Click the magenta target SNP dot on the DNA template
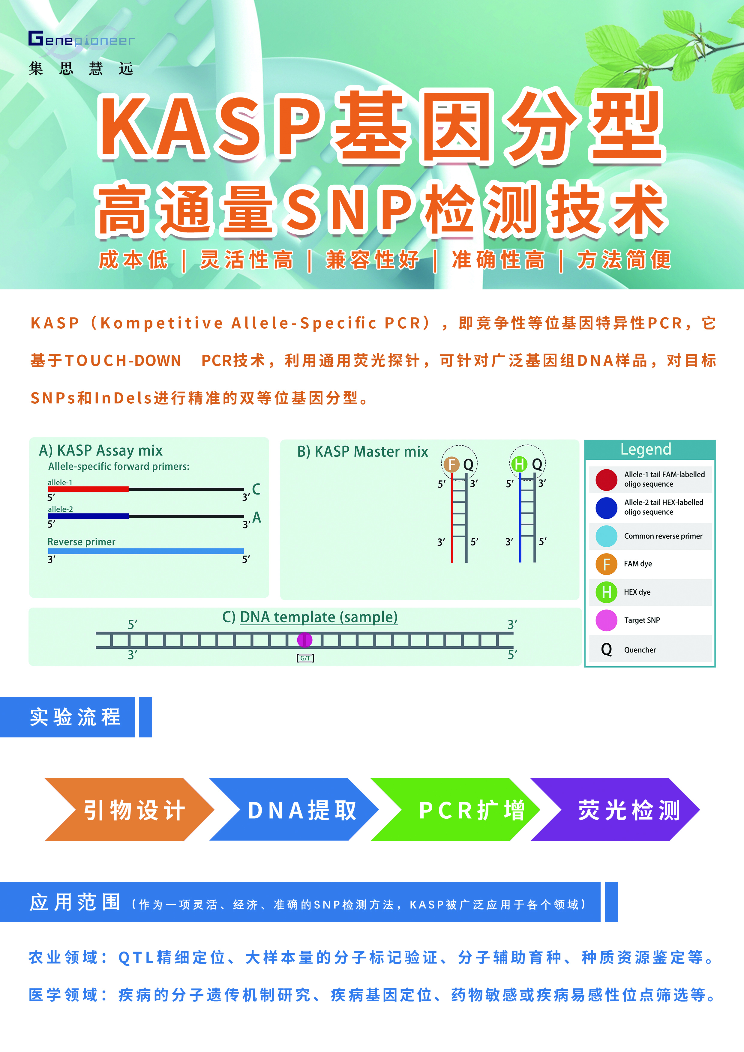(305, 640)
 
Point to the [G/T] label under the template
(305, 658)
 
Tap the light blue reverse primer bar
(146, 551)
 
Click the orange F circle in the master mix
(451, 464)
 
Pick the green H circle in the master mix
(519, 464)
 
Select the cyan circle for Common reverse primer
(607, 536)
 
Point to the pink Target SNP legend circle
(607, 620)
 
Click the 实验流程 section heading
(76, 717)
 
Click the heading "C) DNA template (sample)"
(310, 617)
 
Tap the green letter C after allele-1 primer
(256, 489)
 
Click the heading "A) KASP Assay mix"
(101, 450)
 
